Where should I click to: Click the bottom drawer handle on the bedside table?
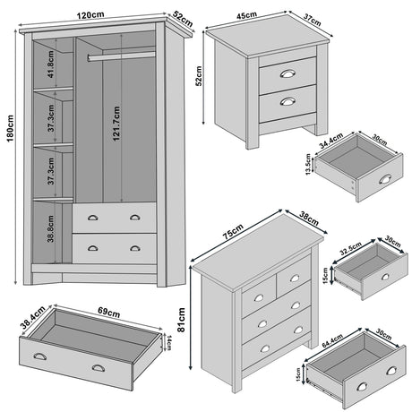[288, 100]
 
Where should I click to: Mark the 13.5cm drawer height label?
[307, 166]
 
